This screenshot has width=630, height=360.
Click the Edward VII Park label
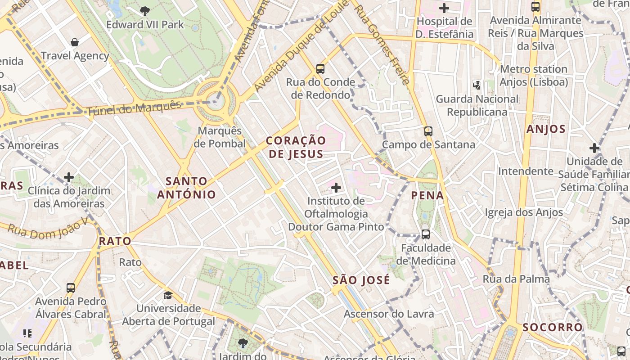pyautogui.click(x=145, y=24)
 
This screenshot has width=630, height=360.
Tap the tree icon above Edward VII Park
pyautogui.click(x=145, y=11)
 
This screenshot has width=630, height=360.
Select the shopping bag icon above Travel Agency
pyautogui.click(x=75, y=42)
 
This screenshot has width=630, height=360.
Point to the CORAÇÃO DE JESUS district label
pyautogui.click(x=296, y=147)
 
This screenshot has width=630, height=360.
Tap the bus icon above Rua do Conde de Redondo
pyautogui.click(x=320, y=69)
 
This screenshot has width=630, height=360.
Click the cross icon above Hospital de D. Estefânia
pyautogui.click(x=444, y=8)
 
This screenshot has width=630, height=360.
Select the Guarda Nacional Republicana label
pyautogui.click(x=477, y=105)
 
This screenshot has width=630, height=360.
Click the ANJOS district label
pyautogui.click(x=546, y=130)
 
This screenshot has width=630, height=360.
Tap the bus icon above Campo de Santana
pyautogui.click(x=428, y=131)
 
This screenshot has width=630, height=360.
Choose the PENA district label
pyautogui.click(x=427, y=196)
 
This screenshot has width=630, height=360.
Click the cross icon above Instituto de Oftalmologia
pyautogui.click(x=336, y=187)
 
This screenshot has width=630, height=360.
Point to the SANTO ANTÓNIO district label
pyautogui.click(x=186, y=188)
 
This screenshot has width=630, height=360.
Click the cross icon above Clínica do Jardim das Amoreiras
pyautogui.click(x=68, y=177)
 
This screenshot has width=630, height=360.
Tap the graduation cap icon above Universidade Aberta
pyautogui.click(x=168, y=295)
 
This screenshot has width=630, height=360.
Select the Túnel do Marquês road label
pyautogui.click(x=134, y=108)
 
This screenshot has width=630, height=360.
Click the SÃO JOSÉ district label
pyautogui.click(x=361, y=280)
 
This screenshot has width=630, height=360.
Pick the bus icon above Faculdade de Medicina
pyautogui.click(x=425, y=234)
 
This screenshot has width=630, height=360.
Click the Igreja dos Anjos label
pyautogui.click(x=524, y=212)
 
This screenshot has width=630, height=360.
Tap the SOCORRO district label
pyautogui.click(x=552, y=327)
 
